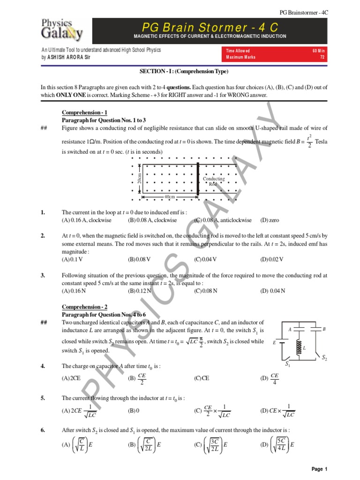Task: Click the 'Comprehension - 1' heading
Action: tap(85, 113)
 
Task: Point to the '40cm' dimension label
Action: tap(170, 197)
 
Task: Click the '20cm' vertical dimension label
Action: tap(139, 178)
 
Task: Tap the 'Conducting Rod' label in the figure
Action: tap(214, 181)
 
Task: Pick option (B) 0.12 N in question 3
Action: tap(140, 291)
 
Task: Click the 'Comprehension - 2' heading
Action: tap(85, 307)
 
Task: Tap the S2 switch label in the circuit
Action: tap(324, 358)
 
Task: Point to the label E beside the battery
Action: tap(274, 343)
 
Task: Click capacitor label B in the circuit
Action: tap(324, 330)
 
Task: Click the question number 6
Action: tap(43, 430)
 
